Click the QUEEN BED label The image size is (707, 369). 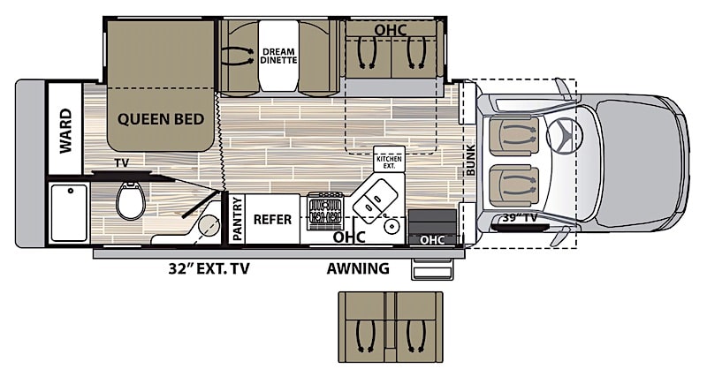click(x=161, y=119)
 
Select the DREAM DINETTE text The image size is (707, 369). click(x=278, y=56)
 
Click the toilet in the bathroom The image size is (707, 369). click(x=131, y=201)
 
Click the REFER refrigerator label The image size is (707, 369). click(x=272, y=220)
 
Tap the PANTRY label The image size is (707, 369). click(x=238, y=219)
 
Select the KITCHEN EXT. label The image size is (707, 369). click(x=389, y=162)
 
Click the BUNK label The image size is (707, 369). click(x=470, y=160)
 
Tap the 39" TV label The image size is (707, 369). click(x=520, y=218)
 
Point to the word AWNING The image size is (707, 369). click(x=358, y=268)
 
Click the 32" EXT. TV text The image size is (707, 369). click(x=209, y=269)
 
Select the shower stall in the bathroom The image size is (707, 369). click(x=69, y=213)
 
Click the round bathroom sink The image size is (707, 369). click(x=209, y=223)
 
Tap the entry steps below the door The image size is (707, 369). click(x=432, y=270)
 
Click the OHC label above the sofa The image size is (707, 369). click(x=391, y=30)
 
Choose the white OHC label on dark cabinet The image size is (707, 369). click(x=432, y=240)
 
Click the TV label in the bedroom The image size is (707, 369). click(x=121, y=162)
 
